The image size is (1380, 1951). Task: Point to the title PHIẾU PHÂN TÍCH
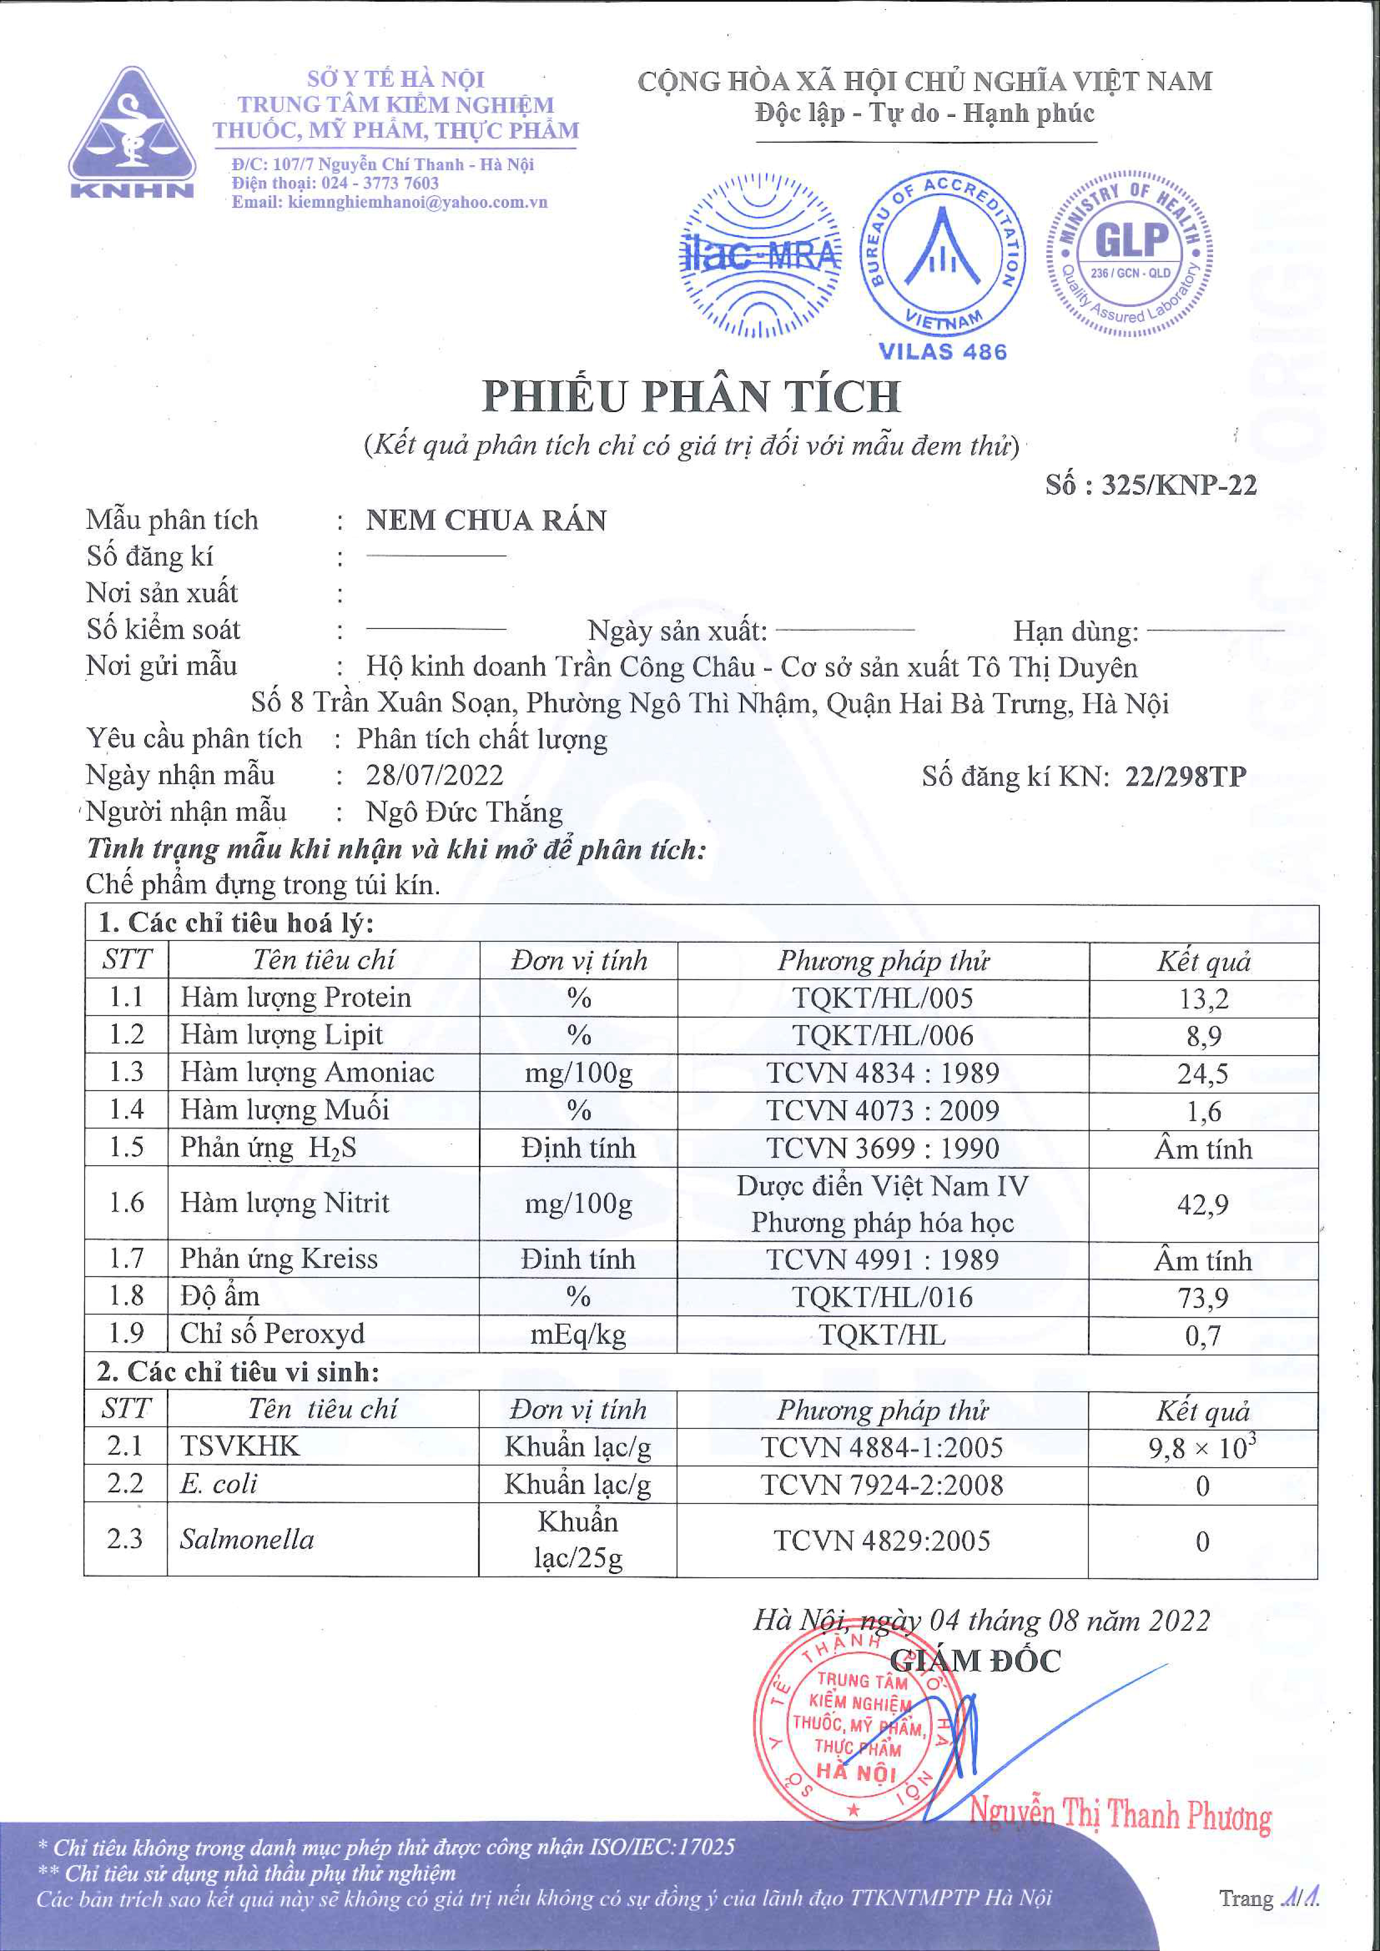(x=691, y=396)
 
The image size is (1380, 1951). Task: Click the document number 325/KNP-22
(x=1179, y=485)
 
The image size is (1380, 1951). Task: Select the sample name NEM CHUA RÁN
(x=486, y=520)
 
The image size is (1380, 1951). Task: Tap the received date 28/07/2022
(x=434, y=775)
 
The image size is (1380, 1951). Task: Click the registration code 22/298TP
(x=1185, y=776)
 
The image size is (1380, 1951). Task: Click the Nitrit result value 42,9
(x=1203, y=1204)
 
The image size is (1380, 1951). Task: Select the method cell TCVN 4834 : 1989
(x=883, y=1073)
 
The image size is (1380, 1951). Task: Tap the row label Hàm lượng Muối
(x=285, y=1110)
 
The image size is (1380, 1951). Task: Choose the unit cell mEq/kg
(x=578, y=1335)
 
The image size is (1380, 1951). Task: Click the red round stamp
(x=858, y=1725)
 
